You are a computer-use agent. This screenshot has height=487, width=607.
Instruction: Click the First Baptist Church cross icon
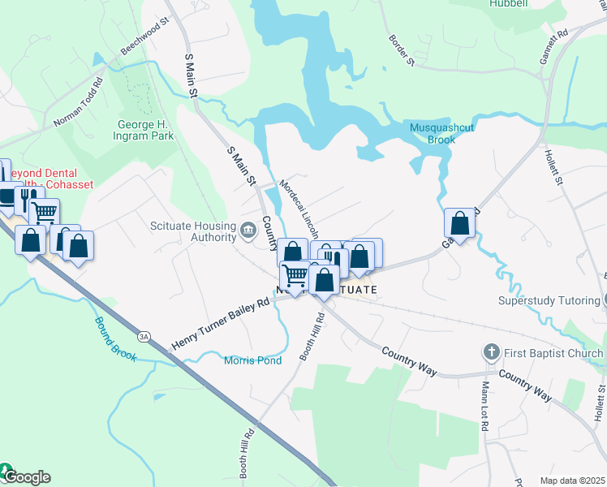[490, 352]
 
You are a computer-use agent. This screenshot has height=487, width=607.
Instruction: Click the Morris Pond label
[252, 360]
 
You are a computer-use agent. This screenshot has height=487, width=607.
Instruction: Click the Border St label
[402, 50]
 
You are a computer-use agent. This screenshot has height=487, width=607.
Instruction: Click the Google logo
[26, 476]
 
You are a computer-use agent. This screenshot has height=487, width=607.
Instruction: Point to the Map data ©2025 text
[571, 481]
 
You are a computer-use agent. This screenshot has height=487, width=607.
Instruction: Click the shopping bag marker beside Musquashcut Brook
[459, 224]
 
